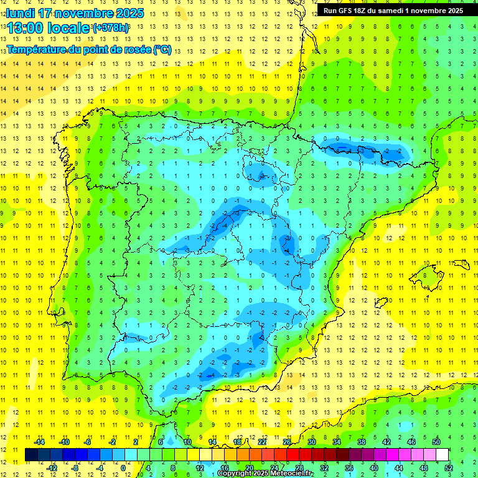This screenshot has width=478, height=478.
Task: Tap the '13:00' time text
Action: click(x=24, y=28)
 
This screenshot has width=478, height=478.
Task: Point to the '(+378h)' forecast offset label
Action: click(x=111, y=28)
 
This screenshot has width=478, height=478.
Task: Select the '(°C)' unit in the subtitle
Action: click(x=162, y=49)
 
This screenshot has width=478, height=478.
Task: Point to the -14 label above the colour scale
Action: click(x=39, y=442)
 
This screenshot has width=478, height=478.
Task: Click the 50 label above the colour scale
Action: click(x=436, y=442)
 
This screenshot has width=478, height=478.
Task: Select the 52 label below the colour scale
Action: click(x=449, y=467)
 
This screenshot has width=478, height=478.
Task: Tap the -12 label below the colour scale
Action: click(x=51, y=467)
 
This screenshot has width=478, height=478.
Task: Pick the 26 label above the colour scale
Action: click(x=287, y=442)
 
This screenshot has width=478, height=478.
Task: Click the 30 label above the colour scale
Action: click(x=312, y=442)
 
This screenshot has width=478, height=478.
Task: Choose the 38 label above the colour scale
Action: click(x=362, y=442)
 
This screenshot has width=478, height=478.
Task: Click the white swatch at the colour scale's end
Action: click(x=443, y=454)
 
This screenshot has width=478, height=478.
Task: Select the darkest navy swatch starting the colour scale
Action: click(x=31, y=454)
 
